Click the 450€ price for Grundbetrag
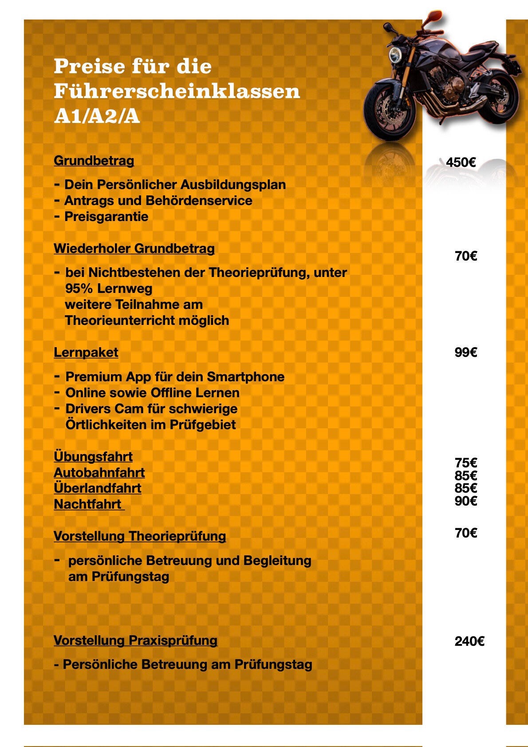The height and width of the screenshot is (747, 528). [x=461, y=162]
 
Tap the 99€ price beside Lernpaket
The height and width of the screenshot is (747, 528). [x=465, y=352]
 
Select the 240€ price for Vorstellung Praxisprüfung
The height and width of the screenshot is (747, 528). [x=469, y=641]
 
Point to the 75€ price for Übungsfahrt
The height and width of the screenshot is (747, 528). [x=465, y=462]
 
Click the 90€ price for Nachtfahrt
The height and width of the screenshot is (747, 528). [x=465, y=501]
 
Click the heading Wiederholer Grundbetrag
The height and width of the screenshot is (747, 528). [x=134, y=249]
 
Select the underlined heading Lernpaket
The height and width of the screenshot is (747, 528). [x=86, y=352]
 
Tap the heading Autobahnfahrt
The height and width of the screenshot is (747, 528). [x=99, y=473]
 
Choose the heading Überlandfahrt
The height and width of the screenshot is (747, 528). [x=98, y=488]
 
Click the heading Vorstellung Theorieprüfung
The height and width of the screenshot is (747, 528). [x=140, y=536]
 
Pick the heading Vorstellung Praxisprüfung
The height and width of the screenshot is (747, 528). [x=135, y=640]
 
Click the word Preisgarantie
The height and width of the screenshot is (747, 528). [x=106, y=217]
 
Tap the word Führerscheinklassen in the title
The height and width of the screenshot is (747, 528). [x=177, y=91]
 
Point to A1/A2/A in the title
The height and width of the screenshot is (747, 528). [x=97, y=116]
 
